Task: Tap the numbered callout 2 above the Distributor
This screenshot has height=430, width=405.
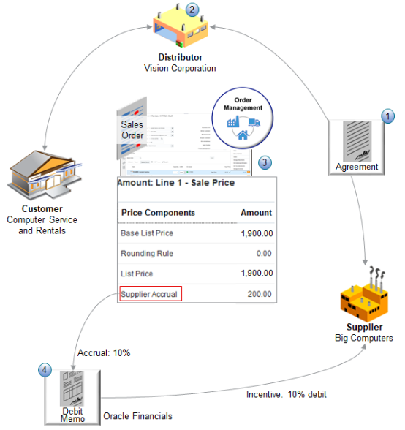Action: pyautogui.click(x=192, y=10)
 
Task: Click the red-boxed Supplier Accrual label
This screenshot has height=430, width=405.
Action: pyautogui.click(x=149, y=294)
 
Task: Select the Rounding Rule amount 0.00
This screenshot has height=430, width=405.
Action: pyautogui.click(x=261, y=254)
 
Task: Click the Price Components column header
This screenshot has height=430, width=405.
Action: pyautogui.click(x=158, y=213)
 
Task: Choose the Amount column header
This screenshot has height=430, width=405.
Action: pyautogui.click(x=256, y=213)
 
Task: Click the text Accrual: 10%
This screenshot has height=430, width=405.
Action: pyautogui.click(x=103, y=352)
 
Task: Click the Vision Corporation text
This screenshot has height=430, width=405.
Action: pyautogui.click(x=180, y=68)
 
